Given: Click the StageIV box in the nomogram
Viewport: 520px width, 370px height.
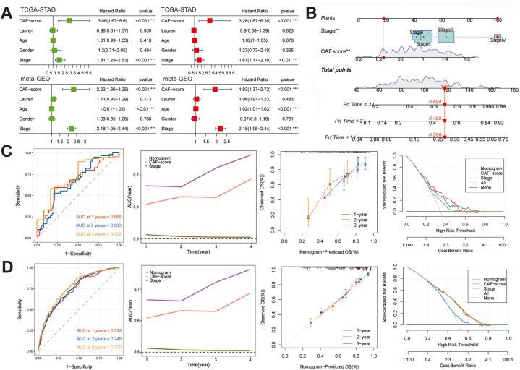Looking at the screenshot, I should click(x=497, y=37).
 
